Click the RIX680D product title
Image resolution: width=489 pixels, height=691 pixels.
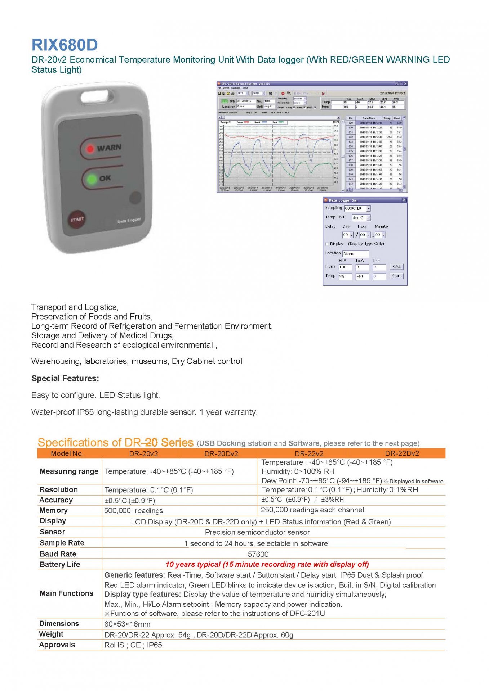[65, 45]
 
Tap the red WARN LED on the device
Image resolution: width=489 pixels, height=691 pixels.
[90, 148]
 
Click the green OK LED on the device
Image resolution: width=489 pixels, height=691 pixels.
[92, 179]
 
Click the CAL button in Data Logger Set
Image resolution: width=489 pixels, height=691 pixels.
[396, 267]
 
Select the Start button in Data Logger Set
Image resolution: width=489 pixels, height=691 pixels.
[396, 276]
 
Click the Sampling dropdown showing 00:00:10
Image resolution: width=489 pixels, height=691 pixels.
[357, 208]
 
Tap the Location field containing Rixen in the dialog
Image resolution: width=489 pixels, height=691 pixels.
[355, 254]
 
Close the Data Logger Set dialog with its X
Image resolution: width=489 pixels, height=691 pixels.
[404, 200]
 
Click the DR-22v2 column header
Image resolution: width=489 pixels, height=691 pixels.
[309, 453]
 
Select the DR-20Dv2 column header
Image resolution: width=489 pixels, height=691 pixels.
[221, 453]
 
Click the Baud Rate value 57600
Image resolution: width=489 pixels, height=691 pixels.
[258, 554]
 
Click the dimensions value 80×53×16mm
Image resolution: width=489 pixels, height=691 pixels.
[127, 624]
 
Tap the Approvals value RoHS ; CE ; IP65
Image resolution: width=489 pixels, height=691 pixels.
[133, 645]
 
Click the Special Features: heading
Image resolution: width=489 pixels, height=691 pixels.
[65, 378]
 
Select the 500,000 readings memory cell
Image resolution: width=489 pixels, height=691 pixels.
[134, 511]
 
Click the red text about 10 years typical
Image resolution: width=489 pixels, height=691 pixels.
[267, 564]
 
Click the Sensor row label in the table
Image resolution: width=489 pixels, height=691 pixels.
[52, 532]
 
